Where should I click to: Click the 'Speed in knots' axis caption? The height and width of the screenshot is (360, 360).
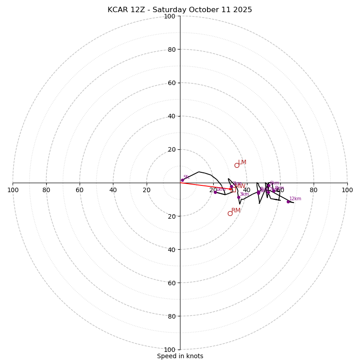click(180, 356)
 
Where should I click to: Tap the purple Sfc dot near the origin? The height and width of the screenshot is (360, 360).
click(182, 180)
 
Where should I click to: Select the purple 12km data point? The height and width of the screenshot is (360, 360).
click(288, 202)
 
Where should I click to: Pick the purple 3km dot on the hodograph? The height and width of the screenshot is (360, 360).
click(238, 197)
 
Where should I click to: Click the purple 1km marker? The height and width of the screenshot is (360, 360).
click(215, 192)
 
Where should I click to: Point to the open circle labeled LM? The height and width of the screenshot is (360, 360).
click(237, 165)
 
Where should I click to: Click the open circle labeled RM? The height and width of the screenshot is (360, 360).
click(230, 213)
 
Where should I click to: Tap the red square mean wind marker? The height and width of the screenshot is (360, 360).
click(234, 190)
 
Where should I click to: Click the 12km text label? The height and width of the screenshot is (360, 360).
click(295, 198)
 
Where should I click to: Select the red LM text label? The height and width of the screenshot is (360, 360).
click(242, 162)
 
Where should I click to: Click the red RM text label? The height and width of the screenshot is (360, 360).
click(236, 211)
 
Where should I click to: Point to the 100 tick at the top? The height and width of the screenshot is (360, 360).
click(170, 16)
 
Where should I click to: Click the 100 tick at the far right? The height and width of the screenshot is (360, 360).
click(347, 190)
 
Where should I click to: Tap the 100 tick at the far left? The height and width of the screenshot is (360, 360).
click(13, 190)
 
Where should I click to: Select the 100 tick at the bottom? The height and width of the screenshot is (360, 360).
click(170, 350)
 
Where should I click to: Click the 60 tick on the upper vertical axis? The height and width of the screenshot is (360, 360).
click(171, 83)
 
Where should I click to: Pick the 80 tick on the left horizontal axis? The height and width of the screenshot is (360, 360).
click(46, 190)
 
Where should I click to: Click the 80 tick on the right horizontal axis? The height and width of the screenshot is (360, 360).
click(314, 190)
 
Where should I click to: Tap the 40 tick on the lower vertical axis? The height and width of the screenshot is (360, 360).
click(171, 249)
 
